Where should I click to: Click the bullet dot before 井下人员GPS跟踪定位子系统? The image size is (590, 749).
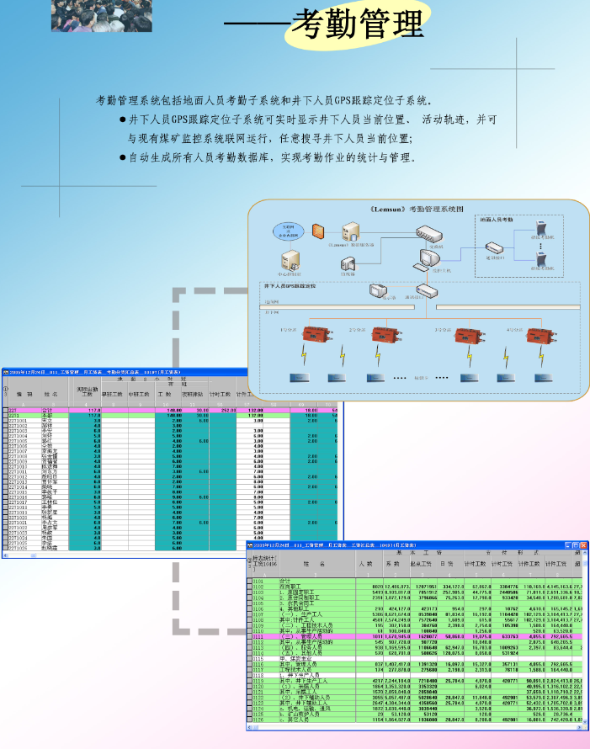(x=124, y=120)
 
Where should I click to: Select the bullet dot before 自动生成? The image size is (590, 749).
(x=124, y=157)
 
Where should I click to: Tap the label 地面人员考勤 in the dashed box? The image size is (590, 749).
(x=497, y=220)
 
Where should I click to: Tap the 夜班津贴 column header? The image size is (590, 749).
(x=191, y=393)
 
